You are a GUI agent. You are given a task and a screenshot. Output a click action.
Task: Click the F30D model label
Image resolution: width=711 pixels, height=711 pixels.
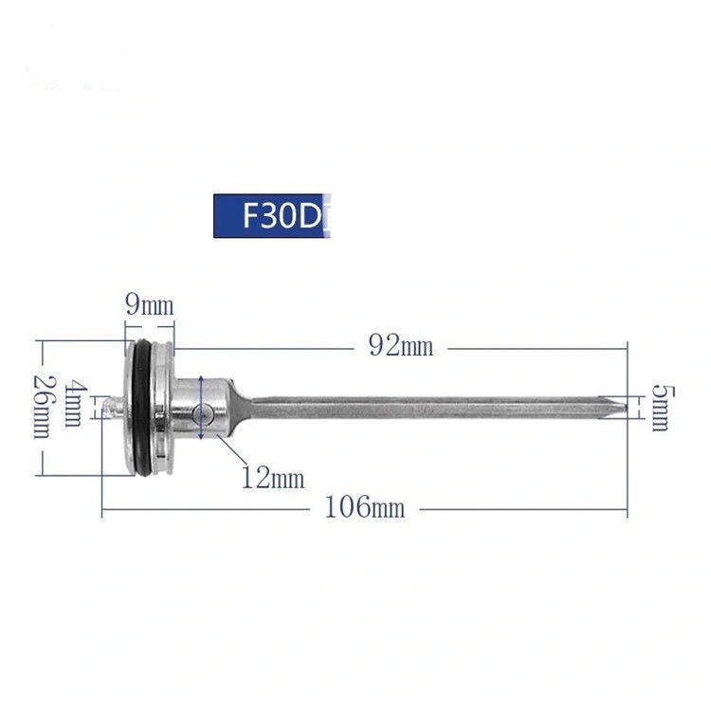coord(272,216)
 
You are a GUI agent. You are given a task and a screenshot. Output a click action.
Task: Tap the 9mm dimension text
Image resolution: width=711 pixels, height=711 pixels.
coord(150,306)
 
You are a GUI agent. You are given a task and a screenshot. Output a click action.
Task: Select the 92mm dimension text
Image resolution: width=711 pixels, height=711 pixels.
coord(401,347)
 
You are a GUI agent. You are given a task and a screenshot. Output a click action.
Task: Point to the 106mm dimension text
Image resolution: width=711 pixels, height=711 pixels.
coord(365,507)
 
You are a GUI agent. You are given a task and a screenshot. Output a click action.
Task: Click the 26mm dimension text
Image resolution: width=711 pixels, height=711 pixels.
coord(43,408)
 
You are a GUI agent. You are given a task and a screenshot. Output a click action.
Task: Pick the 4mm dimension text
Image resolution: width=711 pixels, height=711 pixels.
coord(73,405)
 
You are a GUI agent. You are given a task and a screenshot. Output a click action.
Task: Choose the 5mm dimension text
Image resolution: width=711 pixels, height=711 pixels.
coord(663,408)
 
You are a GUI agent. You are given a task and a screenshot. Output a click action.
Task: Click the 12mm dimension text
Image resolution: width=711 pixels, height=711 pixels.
coord(273,478)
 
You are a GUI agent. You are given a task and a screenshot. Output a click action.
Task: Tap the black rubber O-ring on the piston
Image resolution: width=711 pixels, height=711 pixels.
coord(141,408)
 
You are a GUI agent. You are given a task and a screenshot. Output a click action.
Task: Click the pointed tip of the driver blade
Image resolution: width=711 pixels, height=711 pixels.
coord(627,408)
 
